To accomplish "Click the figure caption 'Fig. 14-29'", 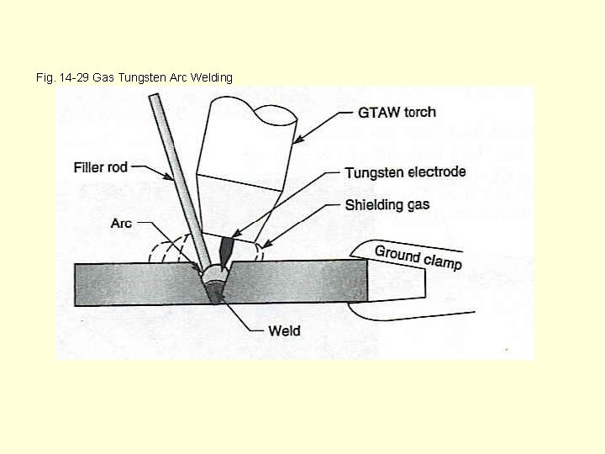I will pos(63,77).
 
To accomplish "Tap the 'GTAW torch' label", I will pos(397,112).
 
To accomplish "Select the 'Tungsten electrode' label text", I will pos(405,172).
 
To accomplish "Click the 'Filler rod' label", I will pos(101,167).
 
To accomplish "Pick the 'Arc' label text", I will pos(121,223).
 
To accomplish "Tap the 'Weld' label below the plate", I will pos(284,330).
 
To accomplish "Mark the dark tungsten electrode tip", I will pos(225,251).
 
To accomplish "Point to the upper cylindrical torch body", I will pos(248,135).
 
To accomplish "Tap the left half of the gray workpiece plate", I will pos(134,283).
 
